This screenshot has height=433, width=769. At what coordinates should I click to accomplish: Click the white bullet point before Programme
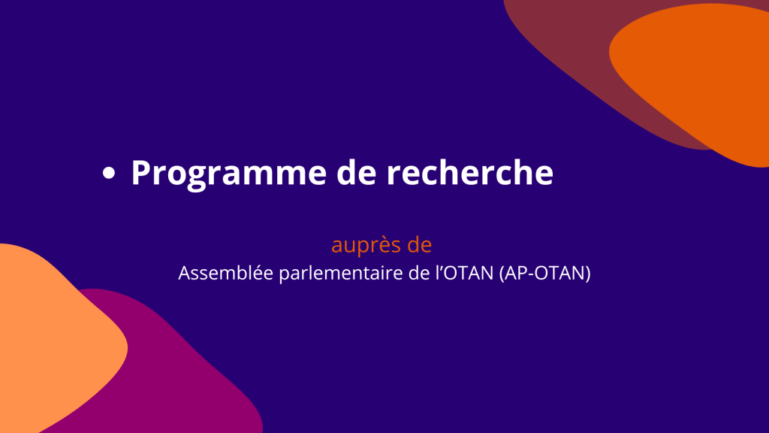[109, 173]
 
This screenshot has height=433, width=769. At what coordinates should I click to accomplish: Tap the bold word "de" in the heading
[356, 172]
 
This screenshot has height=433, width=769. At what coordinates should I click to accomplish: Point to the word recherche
[470, 172]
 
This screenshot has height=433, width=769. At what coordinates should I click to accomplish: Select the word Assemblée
[225, 273]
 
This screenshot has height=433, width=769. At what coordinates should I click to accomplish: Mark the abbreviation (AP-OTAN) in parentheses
[545, 274]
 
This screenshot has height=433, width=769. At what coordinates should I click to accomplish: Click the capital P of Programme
[140, 173]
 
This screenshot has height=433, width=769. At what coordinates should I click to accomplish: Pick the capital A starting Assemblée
[185, 273]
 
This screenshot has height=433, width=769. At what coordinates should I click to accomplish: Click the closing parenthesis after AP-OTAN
[587, 274]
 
